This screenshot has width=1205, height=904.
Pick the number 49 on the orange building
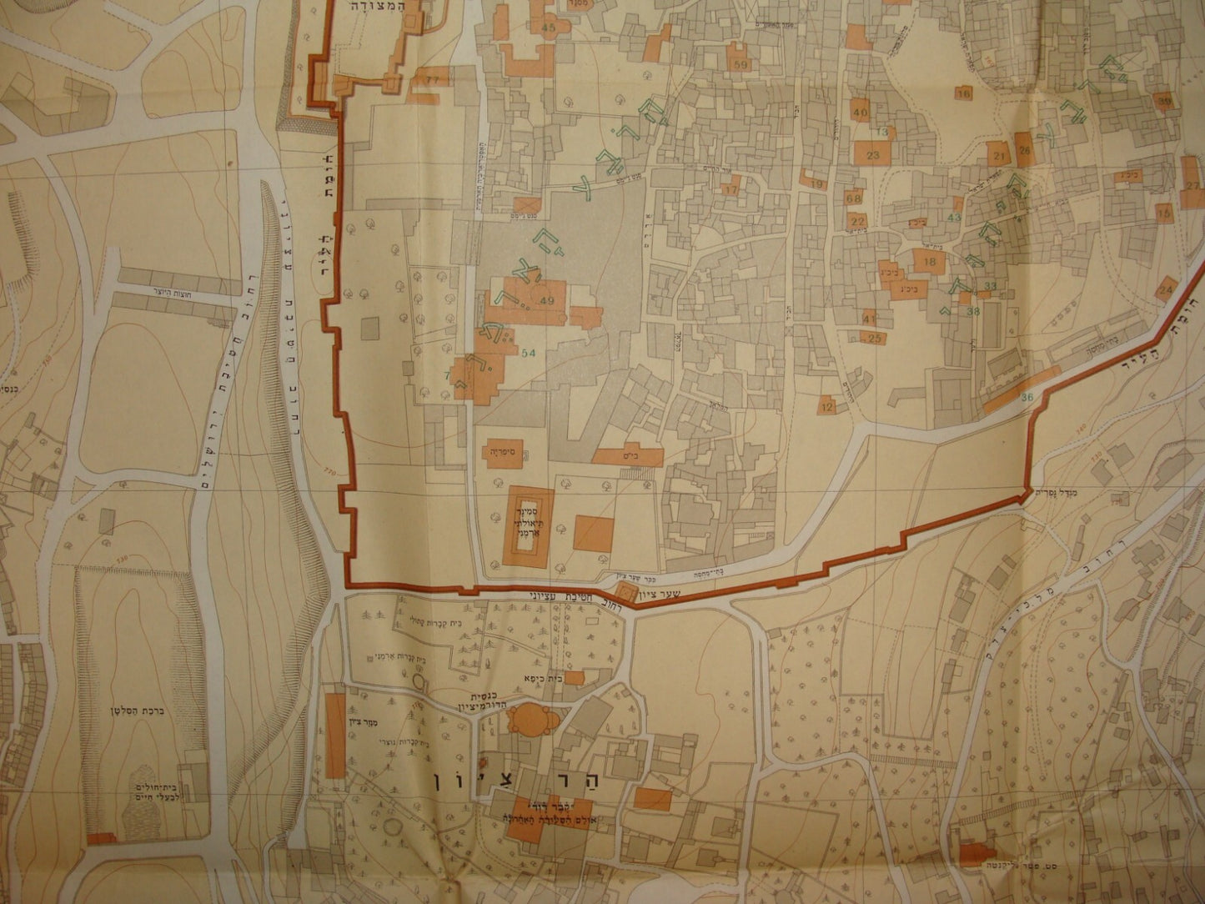[x=547, y=301]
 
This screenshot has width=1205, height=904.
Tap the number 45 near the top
[x=548, y=28]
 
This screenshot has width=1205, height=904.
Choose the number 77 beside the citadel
[x=431, y=79]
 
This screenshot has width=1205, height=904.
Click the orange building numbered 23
[x=873, y=155]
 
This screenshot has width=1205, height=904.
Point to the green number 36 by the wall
[x=1026, y=397]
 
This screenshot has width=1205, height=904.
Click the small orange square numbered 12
[x=826, y=407]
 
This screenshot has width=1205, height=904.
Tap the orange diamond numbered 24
[x=1166, y=289]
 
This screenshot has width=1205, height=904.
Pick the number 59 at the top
[x=740, y=63]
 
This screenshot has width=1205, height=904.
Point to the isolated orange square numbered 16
[x=964, y=94]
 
